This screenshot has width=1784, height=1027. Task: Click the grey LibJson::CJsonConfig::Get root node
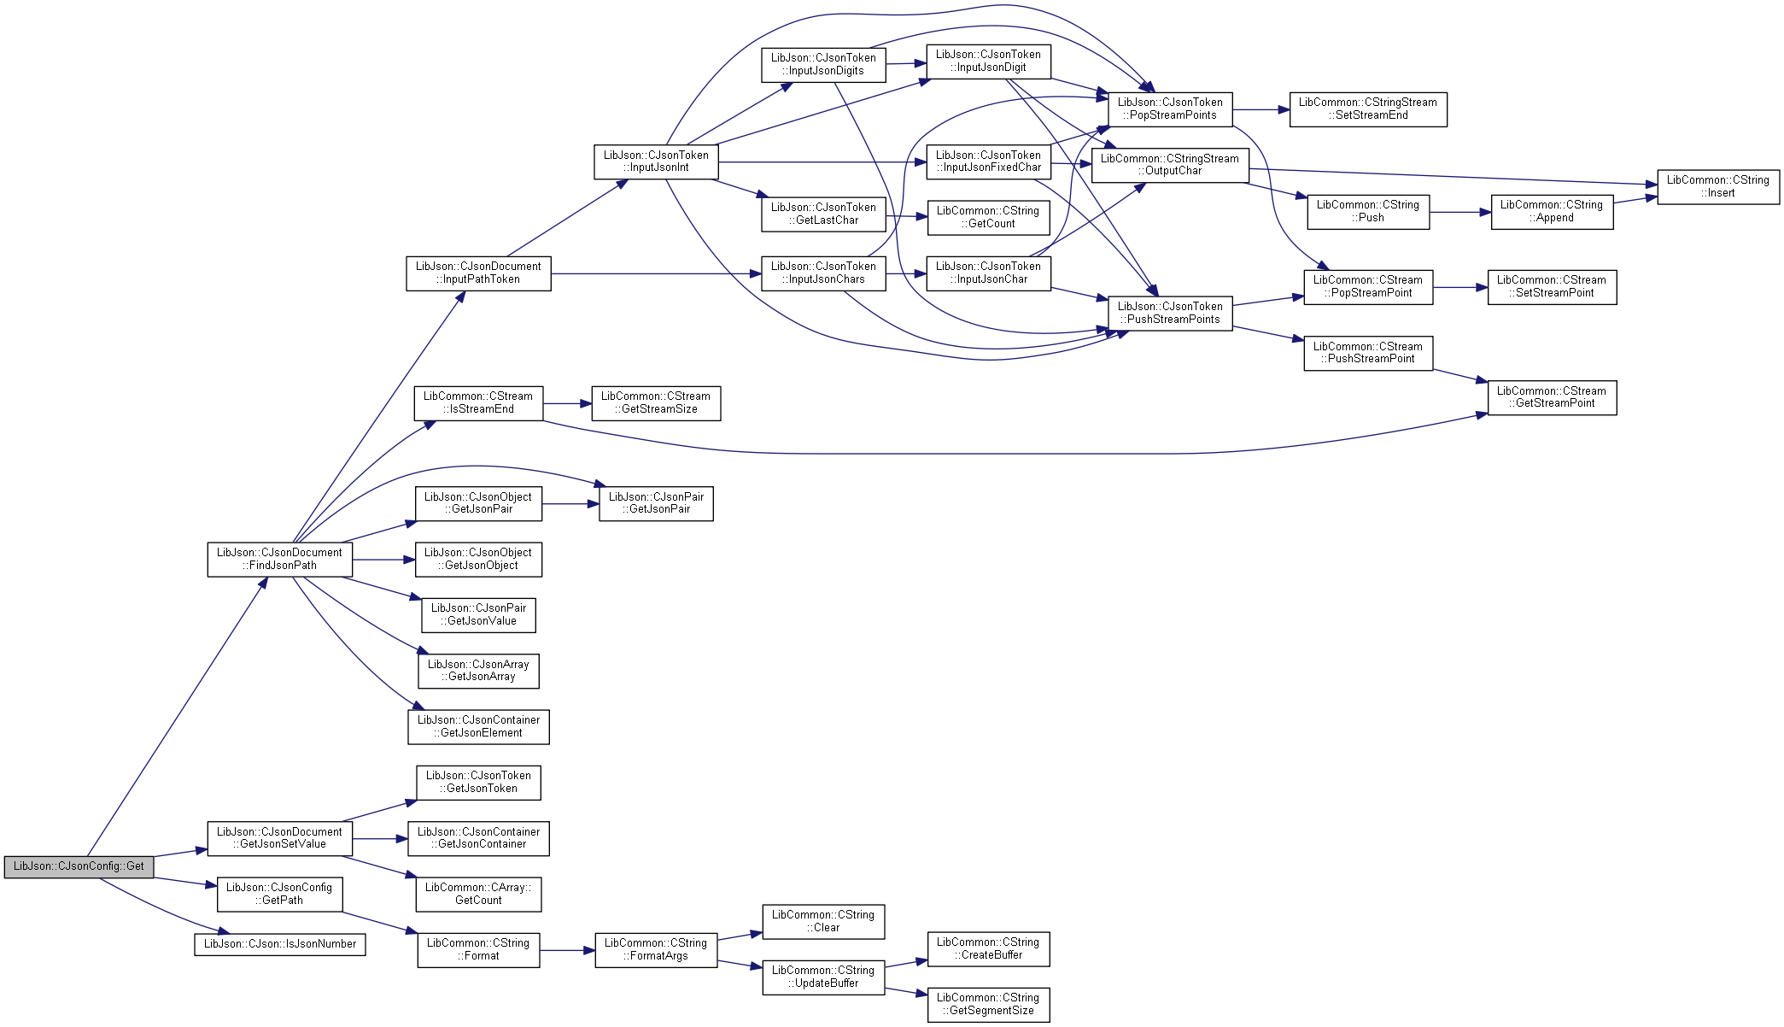(x=79, y=866)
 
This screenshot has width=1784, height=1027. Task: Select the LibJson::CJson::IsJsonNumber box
(x=280, y=944)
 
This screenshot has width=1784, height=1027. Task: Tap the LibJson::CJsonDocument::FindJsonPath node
(x=279, y=559)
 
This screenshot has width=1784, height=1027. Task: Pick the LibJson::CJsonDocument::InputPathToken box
(x=478, y=273)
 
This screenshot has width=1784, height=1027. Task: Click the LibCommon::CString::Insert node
(x=1718, y=187)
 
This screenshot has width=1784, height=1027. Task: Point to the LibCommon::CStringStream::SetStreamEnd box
(x=1368, y=109)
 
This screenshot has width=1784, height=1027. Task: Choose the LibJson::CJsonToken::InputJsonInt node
(x=656, y=161)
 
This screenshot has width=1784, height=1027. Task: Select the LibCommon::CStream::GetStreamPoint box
(x=1552, y=397)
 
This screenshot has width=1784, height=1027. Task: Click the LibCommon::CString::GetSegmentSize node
(x=988, y=1005)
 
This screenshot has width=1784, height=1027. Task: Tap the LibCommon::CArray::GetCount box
(x=478, y=895)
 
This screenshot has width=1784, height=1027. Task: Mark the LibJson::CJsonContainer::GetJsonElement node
(x=478, y=727)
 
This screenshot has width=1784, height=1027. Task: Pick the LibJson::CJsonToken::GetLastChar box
(x=823, y=214)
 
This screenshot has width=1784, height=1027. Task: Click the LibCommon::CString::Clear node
(x=823, y=922)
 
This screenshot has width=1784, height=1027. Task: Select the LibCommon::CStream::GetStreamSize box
(x=656, y=403)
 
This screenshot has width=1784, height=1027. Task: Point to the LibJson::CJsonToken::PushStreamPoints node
(x=1170, y=314)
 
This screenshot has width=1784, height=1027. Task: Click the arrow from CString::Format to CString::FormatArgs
(x=567, y=950)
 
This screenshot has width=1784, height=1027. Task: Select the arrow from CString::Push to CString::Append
(x=1460, y=212)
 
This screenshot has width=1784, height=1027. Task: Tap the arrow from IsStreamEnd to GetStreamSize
(x=567, y=403)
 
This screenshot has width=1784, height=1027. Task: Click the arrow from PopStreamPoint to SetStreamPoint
(x=1460, y=288)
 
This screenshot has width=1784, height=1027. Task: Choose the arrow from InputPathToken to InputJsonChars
(x=656, y=273)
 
